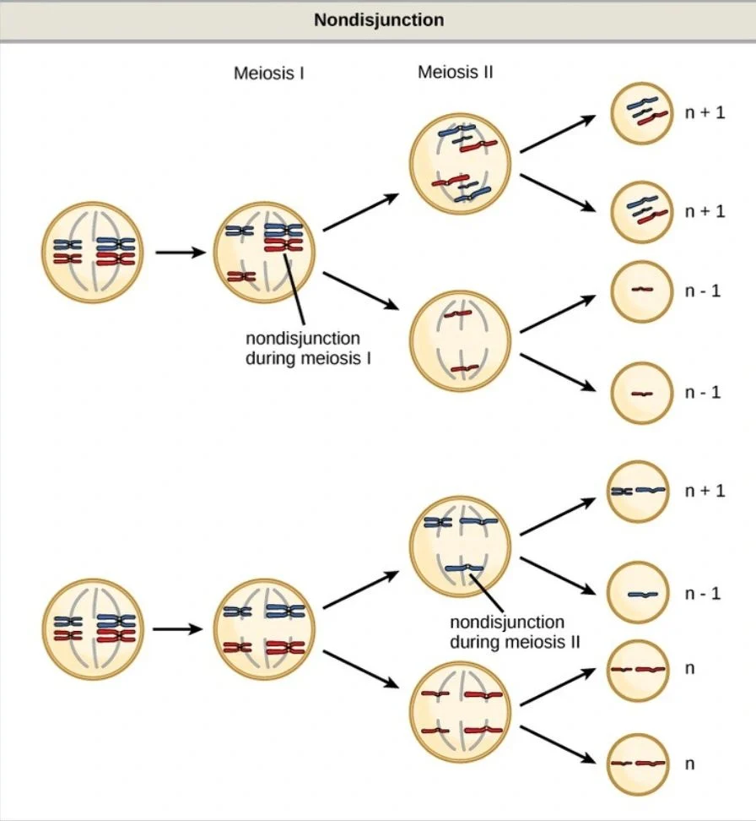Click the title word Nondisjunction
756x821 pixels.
(379, 19)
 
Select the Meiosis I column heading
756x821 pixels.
(268, 73)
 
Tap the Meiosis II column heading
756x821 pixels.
(455, 73)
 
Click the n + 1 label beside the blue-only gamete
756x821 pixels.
(705, 490)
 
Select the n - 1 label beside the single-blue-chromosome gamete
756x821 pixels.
(703, 593)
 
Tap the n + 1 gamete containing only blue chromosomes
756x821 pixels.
(639, 491)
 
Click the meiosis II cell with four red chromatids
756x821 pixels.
(461, 713)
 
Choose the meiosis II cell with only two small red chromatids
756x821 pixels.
(461, 340)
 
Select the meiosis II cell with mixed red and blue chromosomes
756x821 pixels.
(461, 165)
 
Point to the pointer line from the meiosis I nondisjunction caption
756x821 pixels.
(295, 292)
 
